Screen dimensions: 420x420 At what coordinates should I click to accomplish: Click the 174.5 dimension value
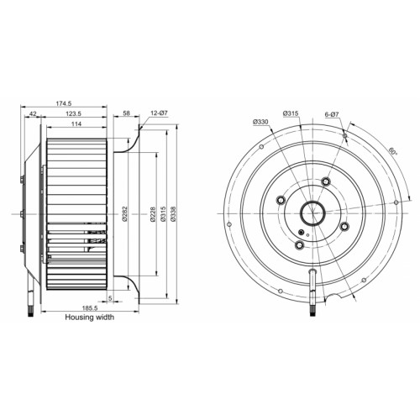64,103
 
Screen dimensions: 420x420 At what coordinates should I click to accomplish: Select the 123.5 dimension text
73,113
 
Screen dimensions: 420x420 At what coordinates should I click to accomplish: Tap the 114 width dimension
76,123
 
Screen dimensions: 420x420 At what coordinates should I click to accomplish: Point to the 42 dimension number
33,113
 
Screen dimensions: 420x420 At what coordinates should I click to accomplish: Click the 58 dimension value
127,113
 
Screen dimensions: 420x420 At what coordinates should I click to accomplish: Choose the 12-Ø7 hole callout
159,113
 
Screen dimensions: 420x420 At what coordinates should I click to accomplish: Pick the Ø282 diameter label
125,214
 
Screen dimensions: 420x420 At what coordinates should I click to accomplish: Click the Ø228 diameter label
153,214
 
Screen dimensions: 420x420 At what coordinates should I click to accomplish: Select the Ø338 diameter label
173,214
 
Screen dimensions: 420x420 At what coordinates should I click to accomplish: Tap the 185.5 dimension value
90,308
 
